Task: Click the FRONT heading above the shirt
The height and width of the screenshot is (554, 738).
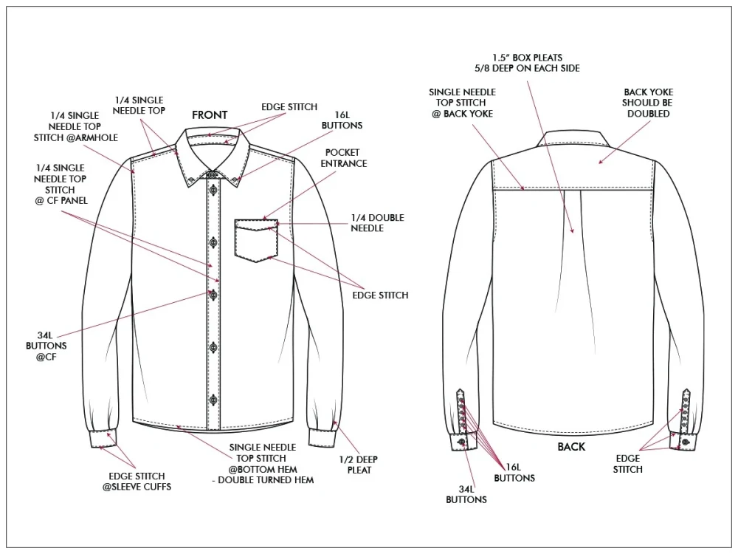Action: (x=210, y=115)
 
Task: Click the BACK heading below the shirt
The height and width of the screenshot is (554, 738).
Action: (x=571, y=447)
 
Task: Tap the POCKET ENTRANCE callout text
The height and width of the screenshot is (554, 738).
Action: (x=344, y=158)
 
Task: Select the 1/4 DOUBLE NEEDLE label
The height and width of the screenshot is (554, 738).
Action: (x=377, y=223)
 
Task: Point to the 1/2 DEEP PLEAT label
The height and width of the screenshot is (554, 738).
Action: (x=359, y=465)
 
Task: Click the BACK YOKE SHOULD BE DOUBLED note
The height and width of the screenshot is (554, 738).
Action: (x=648, y=103)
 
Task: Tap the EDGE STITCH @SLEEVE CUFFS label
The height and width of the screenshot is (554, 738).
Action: (x=137, y=481)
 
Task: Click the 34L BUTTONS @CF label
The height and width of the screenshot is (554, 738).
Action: (x=46, y=346)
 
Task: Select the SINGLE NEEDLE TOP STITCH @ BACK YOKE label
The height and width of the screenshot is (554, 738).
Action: (x=462, y=103)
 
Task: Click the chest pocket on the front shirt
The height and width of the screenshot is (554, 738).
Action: (x=256, y=240)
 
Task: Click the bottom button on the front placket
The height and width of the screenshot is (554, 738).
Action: (x=213, y=399)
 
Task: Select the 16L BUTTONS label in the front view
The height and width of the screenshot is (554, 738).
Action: (x=342, y=120)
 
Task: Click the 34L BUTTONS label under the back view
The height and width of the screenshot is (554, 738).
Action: (x=466, y=494)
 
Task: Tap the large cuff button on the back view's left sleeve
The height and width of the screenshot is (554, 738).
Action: (x=461, y=442)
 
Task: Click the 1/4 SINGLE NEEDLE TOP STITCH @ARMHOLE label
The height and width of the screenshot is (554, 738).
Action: (x=76, y=126)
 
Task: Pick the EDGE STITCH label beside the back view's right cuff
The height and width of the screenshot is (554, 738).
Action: (x=627, y=464)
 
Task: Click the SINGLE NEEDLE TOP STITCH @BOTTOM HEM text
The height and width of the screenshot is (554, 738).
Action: (x=263, y=458)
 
